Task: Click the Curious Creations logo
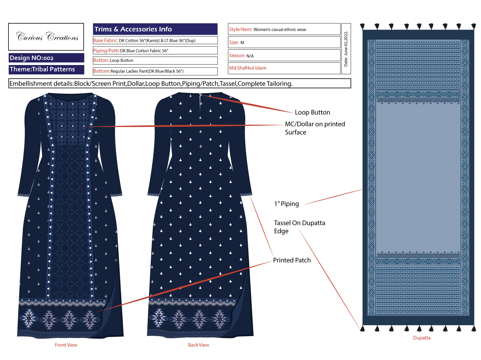coord(46,37)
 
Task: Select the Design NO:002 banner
coord(47,58)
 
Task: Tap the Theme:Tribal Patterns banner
coord(47,70)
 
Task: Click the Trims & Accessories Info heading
coord(155,29)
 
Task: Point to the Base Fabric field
coord(155,40)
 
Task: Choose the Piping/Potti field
coord(155,51)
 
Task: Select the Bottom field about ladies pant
coord(155,71)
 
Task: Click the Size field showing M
coord(284,42)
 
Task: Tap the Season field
coord(284,55)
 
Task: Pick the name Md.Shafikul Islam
coord(248,68)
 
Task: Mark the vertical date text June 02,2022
coord(345,49)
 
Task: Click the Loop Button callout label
coord(312,113)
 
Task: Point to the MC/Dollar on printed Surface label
coord(315,128)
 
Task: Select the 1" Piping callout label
coord(286,204)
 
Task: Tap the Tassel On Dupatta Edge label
coord(299,227)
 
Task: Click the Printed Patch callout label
coord(292,260)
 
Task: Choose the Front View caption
coord(66,345)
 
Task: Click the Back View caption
coord(198,345)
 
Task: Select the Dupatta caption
coord(422,338)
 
